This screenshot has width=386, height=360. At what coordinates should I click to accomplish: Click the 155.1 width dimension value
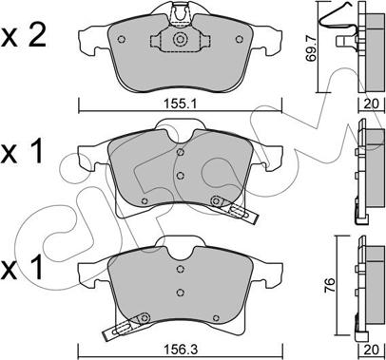click(x=180, y=104)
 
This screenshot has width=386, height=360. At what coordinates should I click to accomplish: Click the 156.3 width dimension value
click(x=180, y=350)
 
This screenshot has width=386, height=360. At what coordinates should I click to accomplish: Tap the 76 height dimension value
click(x=331, y=285)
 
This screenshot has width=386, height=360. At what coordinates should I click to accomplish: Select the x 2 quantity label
click(x=24, y=36)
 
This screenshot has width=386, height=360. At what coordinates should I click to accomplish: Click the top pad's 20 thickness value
click(x=372, y=104)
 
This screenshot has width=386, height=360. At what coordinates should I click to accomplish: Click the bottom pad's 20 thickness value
click(x=372, y=350)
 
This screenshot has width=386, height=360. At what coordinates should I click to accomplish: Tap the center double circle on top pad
click(x=180, y=40)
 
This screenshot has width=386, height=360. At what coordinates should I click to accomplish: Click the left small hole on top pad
click(x=121, y=39)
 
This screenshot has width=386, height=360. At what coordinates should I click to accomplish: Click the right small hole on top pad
click(x=240, y=39)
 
